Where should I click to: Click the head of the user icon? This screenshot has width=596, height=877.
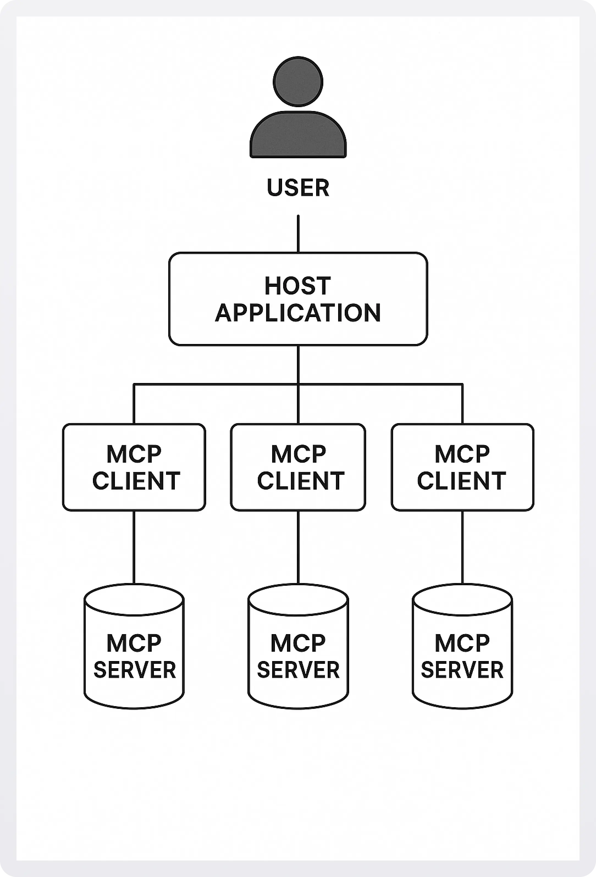coord(298,82)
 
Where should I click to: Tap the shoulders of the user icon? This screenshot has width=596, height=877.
coord(298,136)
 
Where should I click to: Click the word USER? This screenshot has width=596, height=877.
coord(298,188)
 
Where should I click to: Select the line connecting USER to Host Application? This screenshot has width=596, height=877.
coord(298,234)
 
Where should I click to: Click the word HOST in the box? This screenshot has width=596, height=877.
coord(298,286)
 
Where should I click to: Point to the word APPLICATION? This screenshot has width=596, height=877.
coord(298,313)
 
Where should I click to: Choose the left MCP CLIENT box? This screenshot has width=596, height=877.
coord(134,467)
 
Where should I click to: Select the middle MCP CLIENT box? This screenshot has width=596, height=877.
coord(298,467)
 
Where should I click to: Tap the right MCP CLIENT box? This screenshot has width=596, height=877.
coord(462,467)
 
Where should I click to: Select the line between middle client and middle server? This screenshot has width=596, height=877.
coord(298,547)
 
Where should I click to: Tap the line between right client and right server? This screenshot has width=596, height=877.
coord(462,547)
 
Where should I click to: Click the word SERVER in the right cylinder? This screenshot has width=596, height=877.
coord(462,670)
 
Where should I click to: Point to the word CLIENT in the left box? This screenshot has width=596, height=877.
coord(136,481)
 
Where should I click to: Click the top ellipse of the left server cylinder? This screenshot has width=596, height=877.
coord(134,600)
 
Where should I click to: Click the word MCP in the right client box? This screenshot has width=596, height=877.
coord(462,454)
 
